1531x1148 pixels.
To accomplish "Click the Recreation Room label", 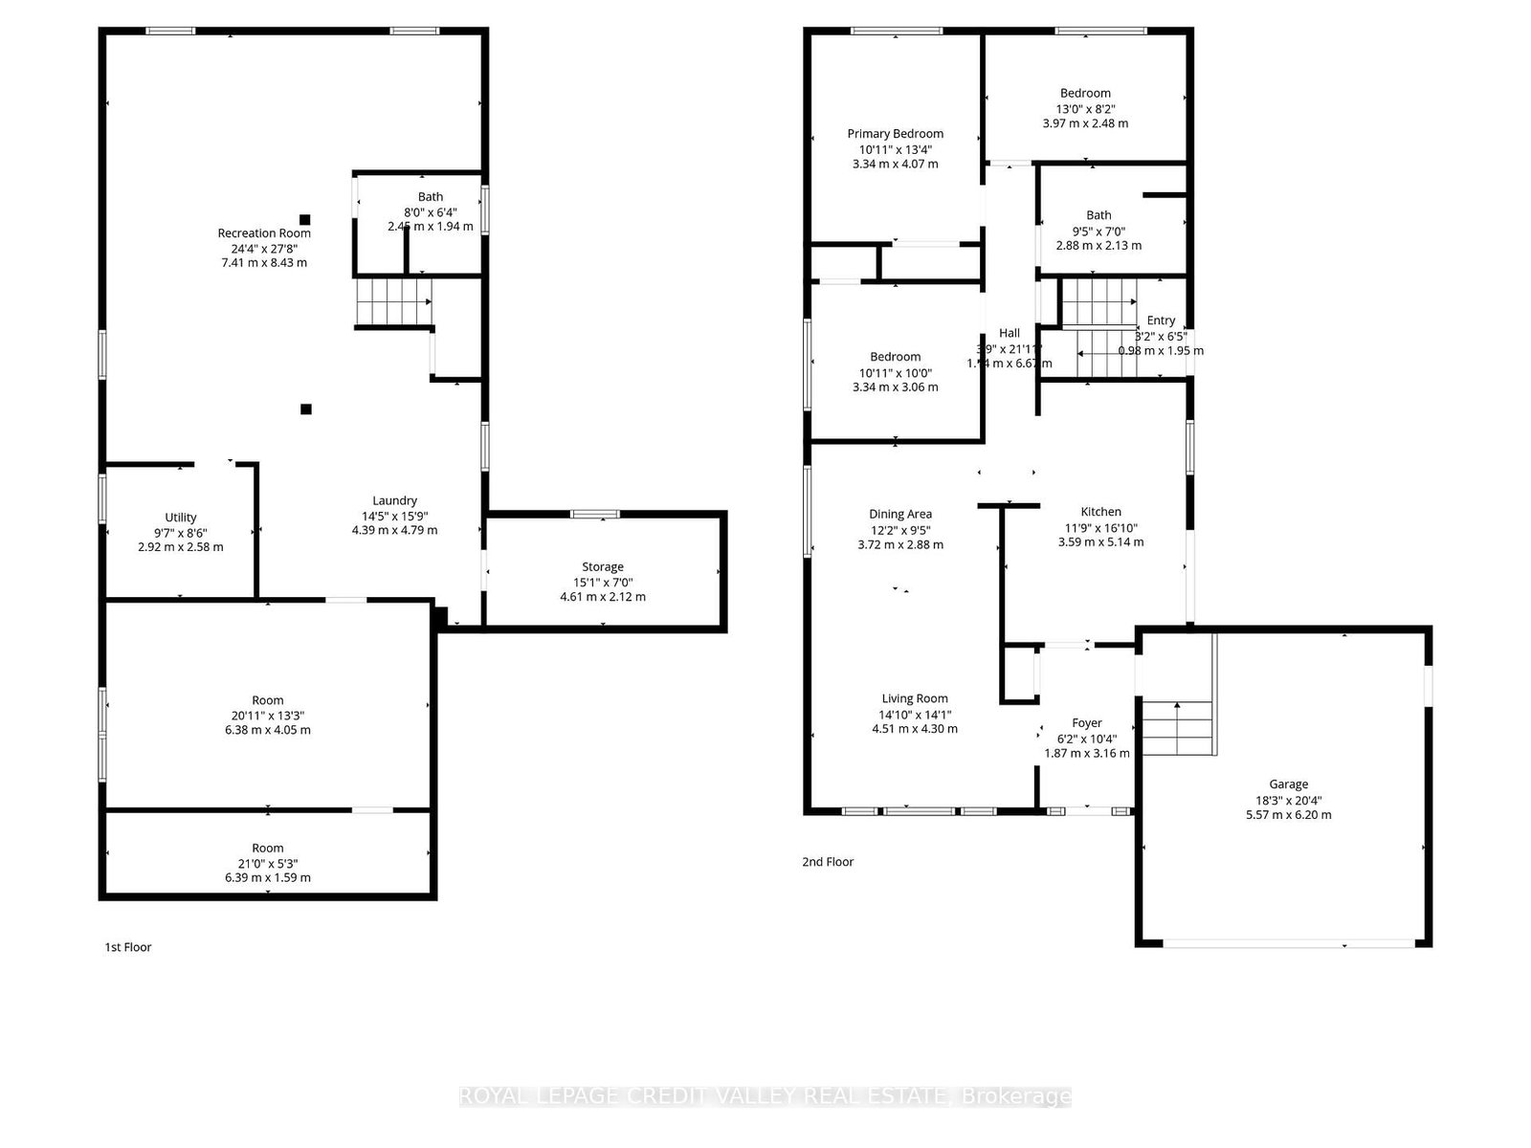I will pos(264,232).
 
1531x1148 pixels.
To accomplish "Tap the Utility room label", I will pos(181,518).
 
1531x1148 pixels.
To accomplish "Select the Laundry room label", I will pos(394,500).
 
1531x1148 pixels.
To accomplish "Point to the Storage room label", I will pos(603,566).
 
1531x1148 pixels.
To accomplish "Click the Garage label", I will pos(1289,784).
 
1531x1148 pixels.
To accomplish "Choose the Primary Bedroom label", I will pos(896,134).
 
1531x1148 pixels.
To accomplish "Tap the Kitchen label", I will pos(1100,512).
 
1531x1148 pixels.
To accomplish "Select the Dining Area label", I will pos(900,514).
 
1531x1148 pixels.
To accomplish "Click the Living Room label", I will pos(915,698).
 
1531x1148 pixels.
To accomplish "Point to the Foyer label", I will pos(1087,723).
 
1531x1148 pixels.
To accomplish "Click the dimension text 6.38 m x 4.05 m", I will pos(268,730).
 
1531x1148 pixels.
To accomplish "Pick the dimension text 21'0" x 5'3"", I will pos(268,863).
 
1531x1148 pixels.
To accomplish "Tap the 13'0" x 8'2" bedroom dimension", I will pos(1085,108).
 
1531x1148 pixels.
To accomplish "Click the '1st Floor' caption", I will pos(128,947).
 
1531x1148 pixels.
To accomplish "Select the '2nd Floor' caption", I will pos(828,862).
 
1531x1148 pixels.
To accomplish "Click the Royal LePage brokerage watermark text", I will pos(765,1096).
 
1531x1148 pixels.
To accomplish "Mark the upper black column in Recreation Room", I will pos(305,219).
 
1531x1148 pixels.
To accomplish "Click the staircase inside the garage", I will pos(1178,728).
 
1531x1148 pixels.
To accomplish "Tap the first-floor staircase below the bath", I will pos(393,302).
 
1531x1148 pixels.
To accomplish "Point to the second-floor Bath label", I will pos(1098,215).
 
